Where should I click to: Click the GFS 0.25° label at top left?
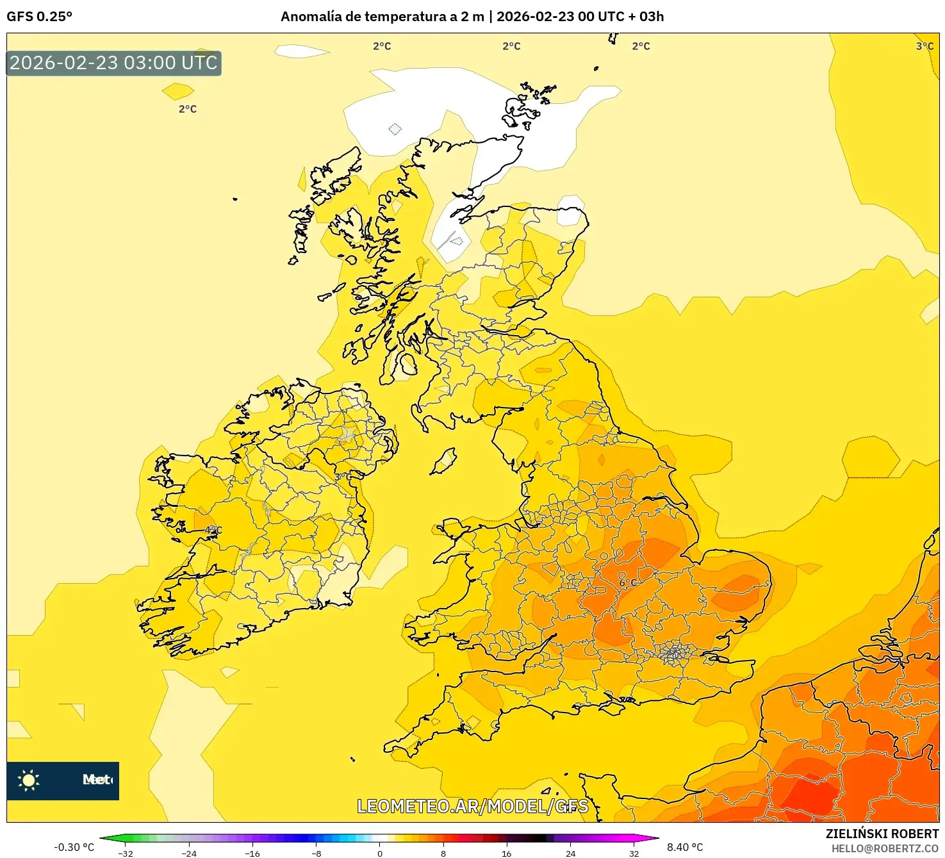click(x=39, y=17)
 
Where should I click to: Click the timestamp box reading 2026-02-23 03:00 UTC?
click(x=113, y=63)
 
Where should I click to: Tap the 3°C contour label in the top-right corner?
click(x=924, y=46)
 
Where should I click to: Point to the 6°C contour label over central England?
click(x=628, y=582)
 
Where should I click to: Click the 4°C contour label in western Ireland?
click(x=213, y=531)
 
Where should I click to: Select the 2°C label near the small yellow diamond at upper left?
click(x=188, y=109)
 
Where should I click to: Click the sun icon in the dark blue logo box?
click(x=29, y=780)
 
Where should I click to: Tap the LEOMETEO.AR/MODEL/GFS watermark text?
click(x=472, y=806)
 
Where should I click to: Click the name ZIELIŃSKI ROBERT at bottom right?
click(x=882, y=834)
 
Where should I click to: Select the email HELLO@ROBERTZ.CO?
click(x=885, y=848)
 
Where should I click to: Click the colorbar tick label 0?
click(x=380, y=854)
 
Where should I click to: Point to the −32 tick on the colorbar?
click(x=126, y=854)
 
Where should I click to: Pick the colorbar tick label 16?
click(x=507, y=854)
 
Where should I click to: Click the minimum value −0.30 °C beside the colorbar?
click(x=74, y=847)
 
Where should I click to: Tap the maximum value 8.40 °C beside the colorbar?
click(x=685, y=847)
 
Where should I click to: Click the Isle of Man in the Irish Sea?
click(x=443, y=461)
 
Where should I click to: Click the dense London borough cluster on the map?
click(x=673, y=654)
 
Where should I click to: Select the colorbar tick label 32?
click(x=634, y=854)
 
